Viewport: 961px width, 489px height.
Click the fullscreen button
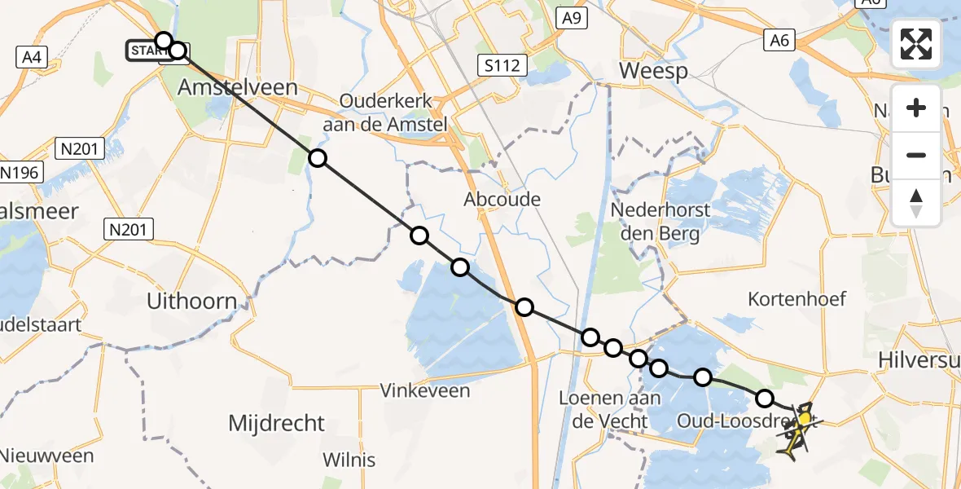tap(916, 43)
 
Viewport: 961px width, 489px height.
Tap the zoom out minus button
tap(916, 155)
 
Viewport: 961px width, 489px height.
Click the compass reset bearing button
tap(916, 202)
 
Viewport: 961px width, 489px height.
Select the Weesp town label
tap(653, 71)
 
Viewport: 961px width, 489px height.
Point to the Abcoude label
tap(502, 199)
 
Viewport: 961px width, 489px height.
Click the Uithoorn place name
tap(192, 301)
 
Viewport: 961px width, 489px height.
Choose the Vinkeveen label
tap(425, 390)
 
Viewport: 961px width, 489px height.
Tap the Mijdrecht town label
tap(276, 424)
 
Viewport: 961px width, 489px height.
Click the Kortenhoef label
tap(797, 298)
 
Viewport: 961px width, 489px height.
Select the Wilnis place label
tap(349, 460)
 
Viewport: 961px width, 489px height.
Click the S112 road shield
tap(501, 65)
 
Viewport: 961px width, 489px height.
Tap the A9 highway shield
tap(572, 18)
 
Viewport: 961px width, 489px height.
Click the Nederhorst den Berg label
tap(660, 222)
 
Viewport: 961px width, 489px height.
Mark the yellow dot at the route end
tap(805, 419)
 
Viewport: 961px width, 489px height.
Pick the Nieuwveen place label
tap(46, 456)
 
